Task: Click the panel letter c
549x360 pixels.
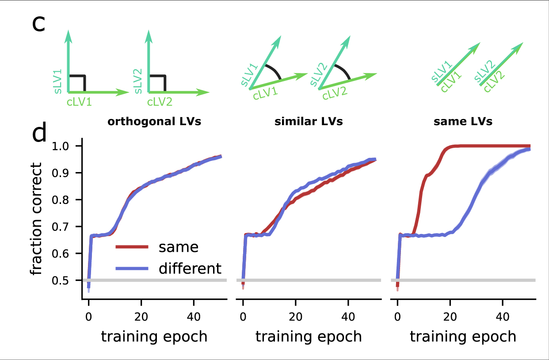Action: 39,24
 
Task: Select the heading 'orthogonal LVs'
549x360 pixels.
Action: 154,122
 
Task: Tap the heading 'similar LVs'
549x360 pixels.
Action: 309,122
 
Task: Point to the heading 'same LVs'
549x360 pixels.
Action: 463,122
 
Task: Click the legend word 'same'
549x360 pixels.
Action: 179,247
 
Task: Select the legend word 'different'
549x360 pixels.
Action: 190,268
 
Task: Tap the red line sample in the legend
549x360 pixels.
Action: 131,247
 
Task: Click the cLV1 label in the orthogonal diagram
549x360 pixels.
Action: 80,102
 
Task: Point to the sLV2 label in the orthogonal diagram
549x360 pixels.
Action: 137,81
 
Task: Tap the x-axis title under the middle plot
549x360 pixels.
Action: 309,337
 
